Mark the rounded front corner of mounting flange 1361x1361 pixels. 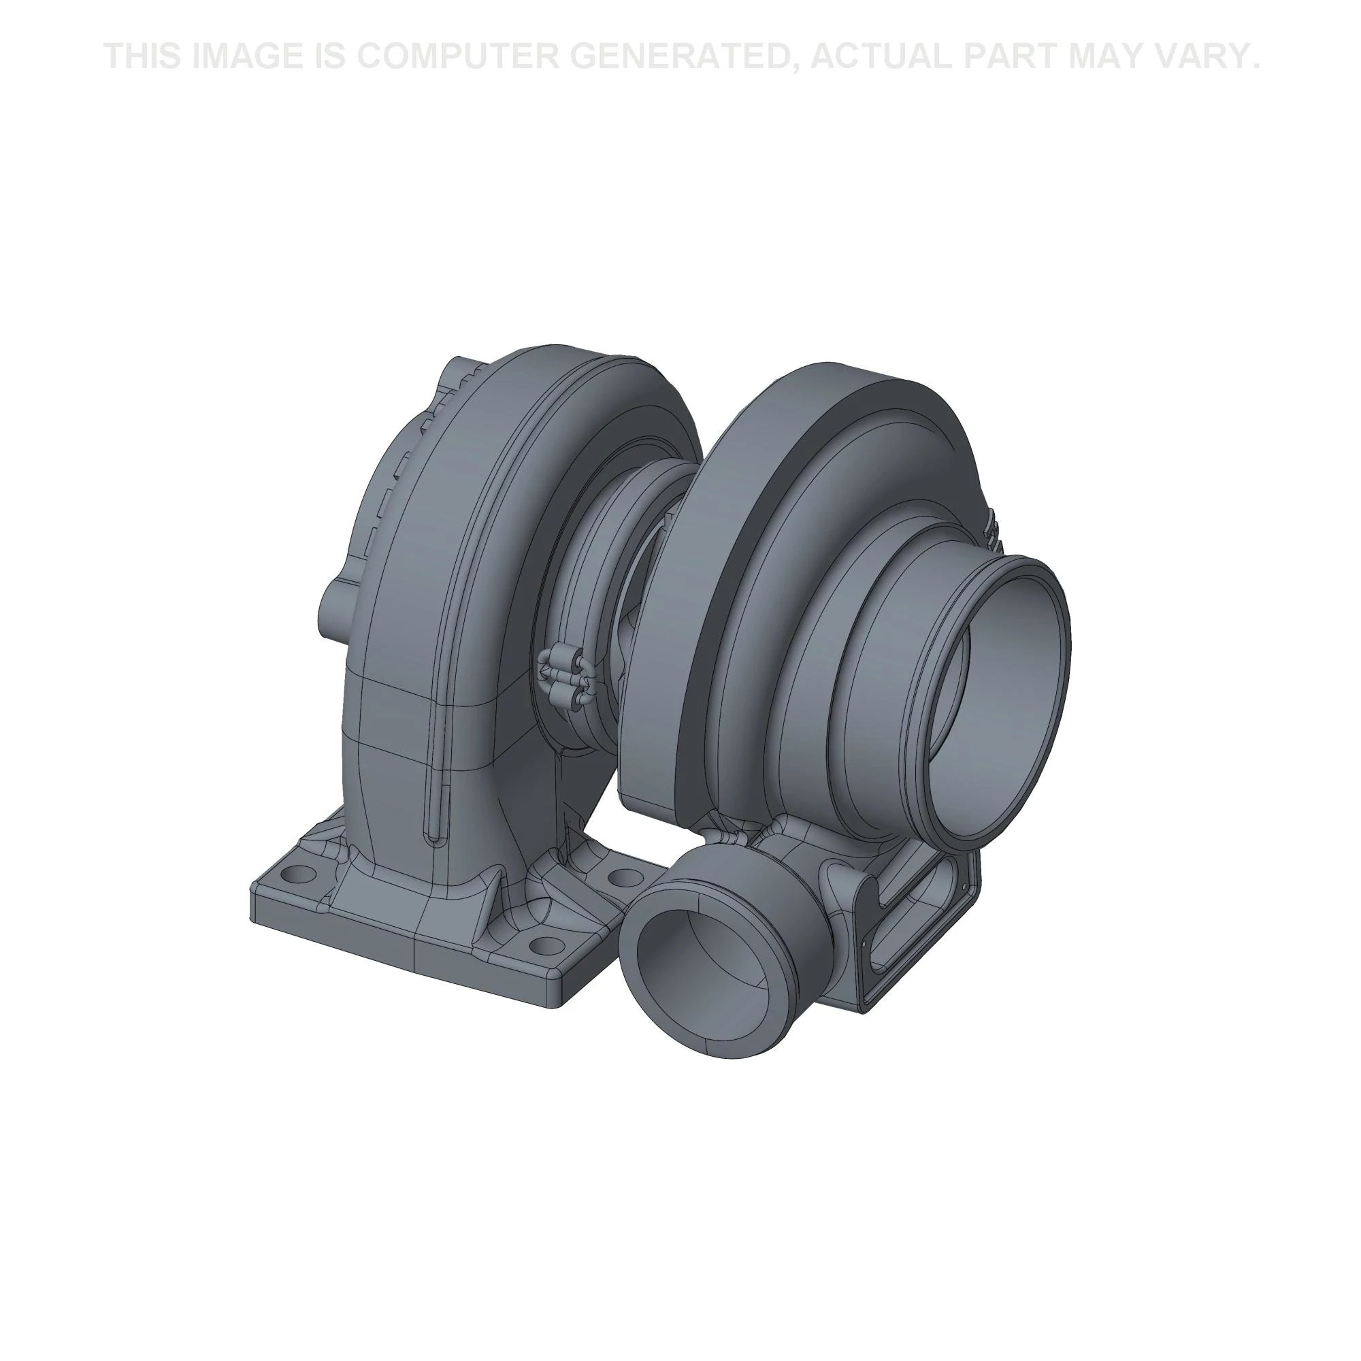[557, 1000]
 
